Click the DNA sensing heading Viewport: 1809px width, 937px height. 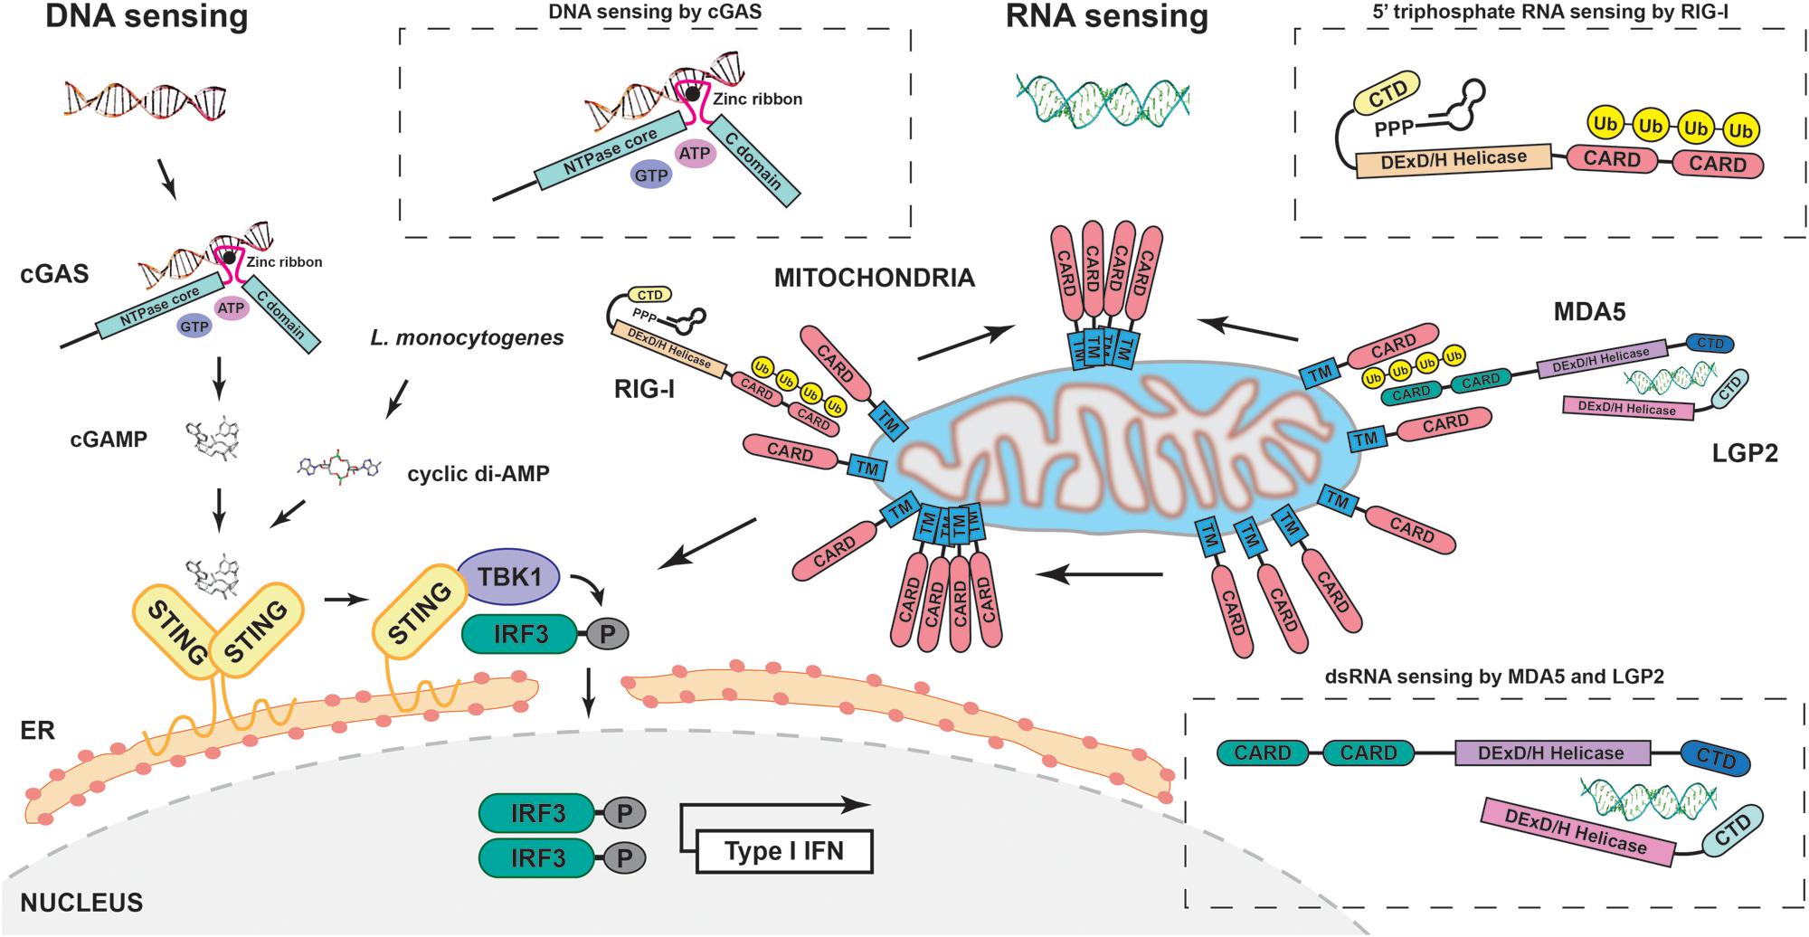pyautogui.click(x=147, y=16)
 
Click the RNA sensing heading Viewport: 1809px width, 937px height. pyautogui.click(x=1106, y=16)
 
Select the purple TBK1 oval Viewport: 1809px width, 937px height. pyautogui.click(x=509, y=576)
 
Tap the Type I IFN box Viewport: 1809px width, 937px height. pyautogui.click(x=784, y=851)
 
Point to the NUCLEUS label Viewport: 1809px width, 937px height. pyautogui.click(x=81, y=903)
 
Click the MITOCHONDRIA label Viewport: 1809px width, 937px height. pyautogui.click(x=874, y=278)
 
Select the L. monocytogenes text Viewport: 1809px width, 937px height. pyautogui.click(x=467, y=338)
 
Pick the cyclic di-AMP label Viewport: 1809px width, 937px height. pyautogui.click(x=478, y=474)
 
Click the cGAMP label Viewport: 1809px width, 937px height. pyautogui.click(x=109, y=440)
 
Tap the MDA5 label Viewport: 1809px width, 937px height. pyautogui.click(x=1589, y=313)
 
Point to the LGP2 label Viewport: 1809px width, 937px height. pyautogui.click(x=1744, y=453)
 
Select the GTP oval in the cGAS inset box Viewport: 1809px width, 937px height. pyautogui.click(x=651, y=175)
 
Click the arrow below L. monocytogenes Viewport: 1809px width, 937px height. pyautogui.click(x=396, y=398)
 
